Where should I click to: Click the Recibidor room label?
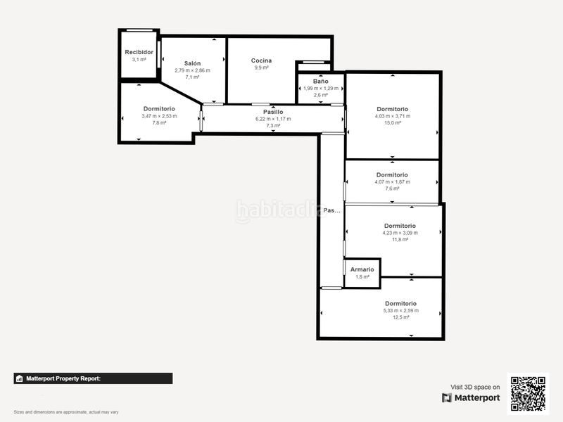pyautogui.click(x=139, y=52)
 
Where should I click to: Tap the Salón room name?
pyautogui.click(x=192, y=63)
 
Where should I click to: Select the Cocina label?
pyautogui.click(x=261, y=60)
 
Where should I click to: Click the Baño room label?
pyautogui.click(x=320, y=82)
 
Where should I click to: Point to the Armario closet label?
pyautogui.click(x=362, y=269)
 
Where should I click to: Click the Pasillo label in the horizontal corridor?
pyautogui.click(x=273, y=112)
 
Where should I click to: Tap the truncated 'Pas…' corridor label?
pyautogui.click(x=331, y=210)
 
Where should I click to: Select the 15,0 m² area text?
pyautogui.click(x=392, y=123)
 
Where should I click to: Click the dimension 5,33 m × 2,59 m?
pyautogui.click(x=400, y=310)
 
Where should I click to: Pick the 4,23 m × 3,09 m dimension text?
pyautogui.click(x=400, y=233)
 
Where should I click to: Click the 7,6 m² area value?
pyautogui.click(x=392, y=188)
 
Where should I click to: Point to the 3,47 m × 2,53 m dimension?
pyautogui.click(x=159, y=116)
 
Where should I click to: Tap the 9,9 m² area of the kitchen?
pyautogui.click(x=261, y=68)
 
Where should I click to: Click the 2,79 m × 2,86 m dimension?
pyautogui.click(x=192, y=70)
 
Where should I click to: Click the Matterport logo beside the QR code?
pyautogui.click(x=471, y=398)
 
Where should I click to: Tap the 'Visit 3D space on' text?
pyautogui.click(x=475, y=387)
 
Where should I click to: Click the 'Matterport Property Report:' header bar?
pyautogui.click(x=93, y=378)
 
